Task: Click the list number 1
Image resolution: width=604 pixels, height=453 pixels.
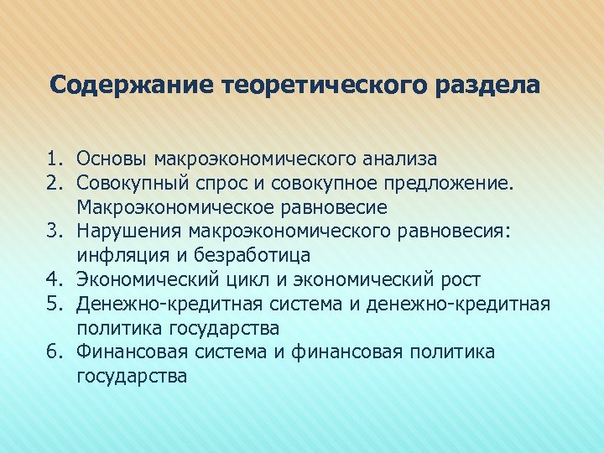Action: [53, 158]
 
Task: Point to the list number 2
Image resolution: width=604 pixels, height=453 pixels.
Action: [53, 182]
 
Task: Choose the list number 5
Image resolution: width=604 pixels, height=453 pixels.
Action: [53, 304]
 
